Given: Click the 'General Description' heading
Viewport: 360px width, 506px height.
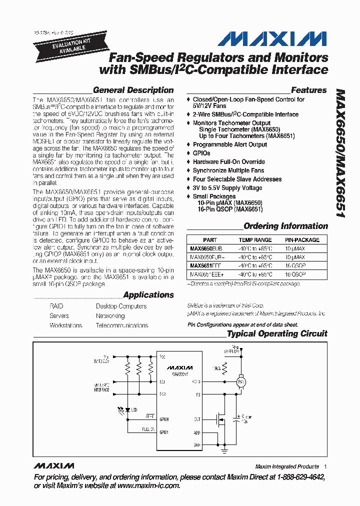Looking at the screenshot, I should [133, 90].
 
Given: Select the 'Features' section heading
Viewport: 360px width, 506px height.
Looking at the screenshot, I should [308, 90].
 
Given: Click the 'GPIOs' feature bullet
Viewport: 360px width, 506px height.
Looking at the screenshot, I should [201, 153].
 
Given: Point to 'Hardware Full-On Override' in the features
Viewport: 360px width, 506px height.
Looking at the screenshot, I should [228, 162].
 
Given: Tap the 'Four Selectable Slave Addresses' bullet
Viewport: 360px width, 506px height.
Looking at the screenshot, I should [237, 179].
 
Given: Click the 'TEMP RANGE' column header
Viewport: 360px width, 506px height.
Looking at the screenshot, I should [255, 240].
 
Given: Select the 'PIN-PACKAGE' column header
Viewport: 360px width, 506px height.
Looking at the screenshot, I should [301, 240].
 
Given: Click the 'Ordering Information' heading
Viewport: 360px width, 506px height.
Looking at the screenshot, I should [285, 226].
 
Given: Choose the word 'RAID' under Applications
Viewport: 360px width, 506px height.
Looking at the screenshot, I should [56, 306].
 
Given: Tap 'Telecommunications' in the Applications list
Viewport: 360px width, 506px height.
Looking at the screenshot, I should [122, 325].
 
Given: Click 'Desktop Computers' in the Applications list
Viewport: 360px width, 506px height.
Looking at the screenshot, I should [121, 306].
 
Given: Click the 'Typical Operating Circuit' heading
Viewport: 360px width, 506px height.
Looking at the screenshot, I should [277, 333].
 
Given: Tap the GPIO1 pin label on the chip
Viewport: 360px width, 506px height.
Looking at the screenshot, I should [165, 432].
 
